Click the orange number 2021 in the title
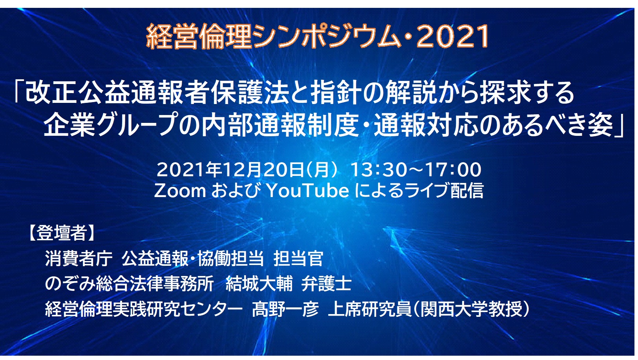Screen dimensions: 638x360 [x=453, y=36]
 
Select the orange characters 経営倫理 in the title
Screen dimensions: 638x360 [x=199, y=36]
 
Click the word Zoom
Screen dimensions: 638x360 [x=180, y=190]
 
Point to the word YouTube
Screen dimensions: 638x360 [x=307, y=190]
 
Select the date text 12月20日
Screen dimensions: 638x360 [x=263, y=170]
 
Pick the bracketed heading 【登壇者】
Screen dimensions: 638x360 [x=62, y=233]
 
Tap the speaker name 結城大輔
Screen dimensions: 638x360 [x=259, y=284]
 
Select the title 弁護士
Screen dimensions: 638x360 [x=326, y=284]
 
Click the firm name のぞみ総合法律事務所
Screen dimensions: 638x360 [x=129, y=284]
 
